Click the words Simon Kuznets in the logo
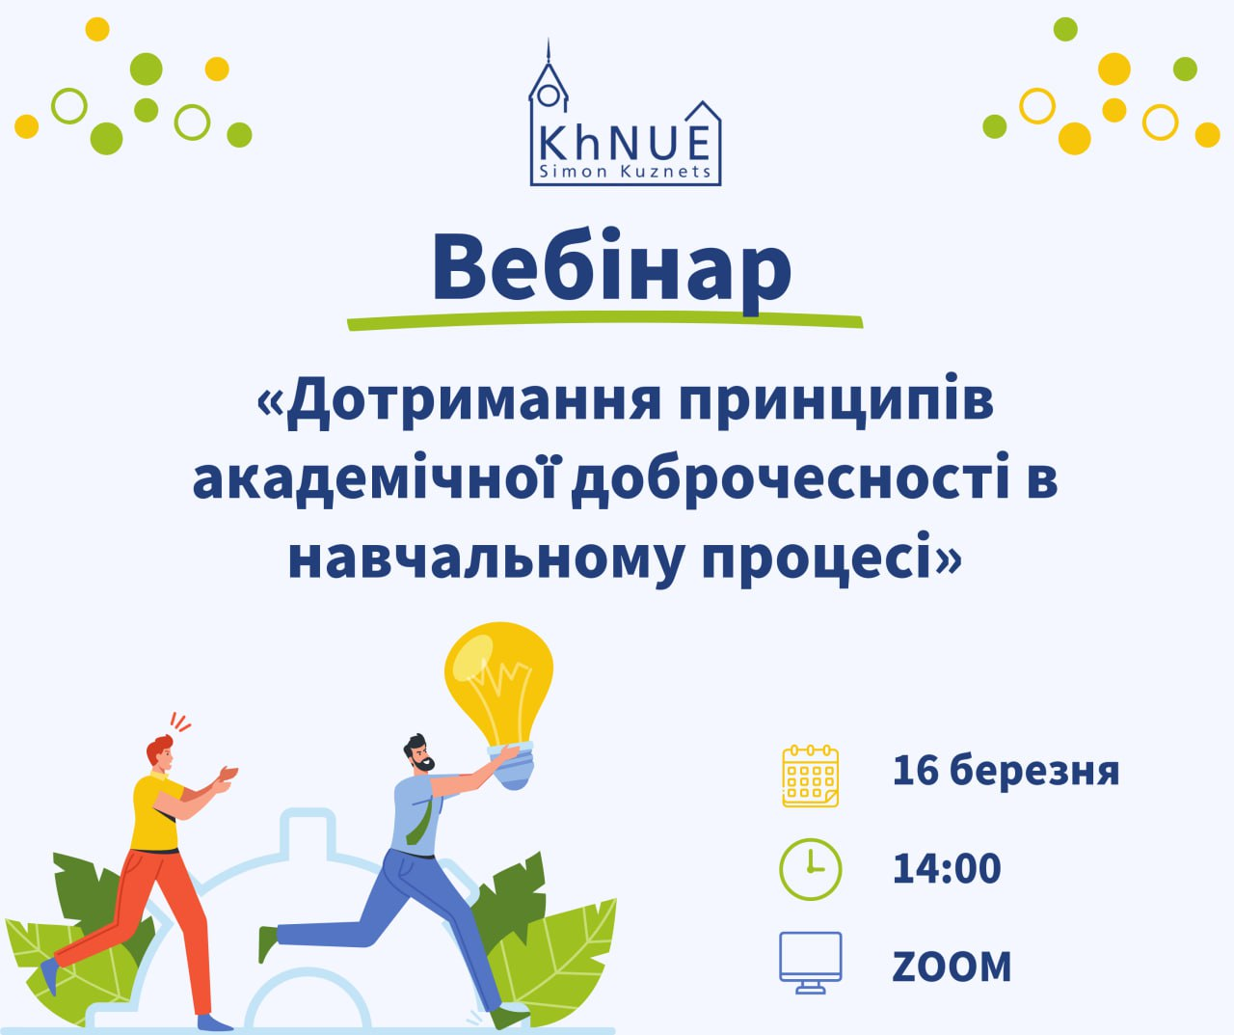coord(626,172)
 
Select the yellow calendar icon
coord(810,776)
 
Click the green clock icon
coord(810,869)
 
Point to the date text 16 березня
coord(1006,771)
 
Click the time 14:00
coord(947,868)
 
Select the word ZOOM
coord(952,967)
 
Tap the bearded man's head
coord(418,753)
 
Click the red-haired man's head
coord(160,753)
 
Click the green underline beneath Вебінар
coord(604,320)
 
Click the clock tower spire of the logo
coord(549,51)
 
